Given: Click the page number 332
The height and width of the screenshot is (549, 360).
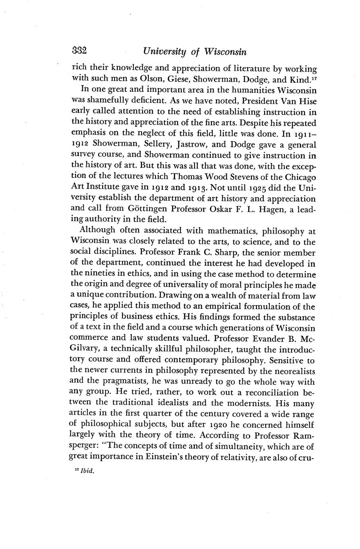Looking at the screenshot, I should coord(80,51).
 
